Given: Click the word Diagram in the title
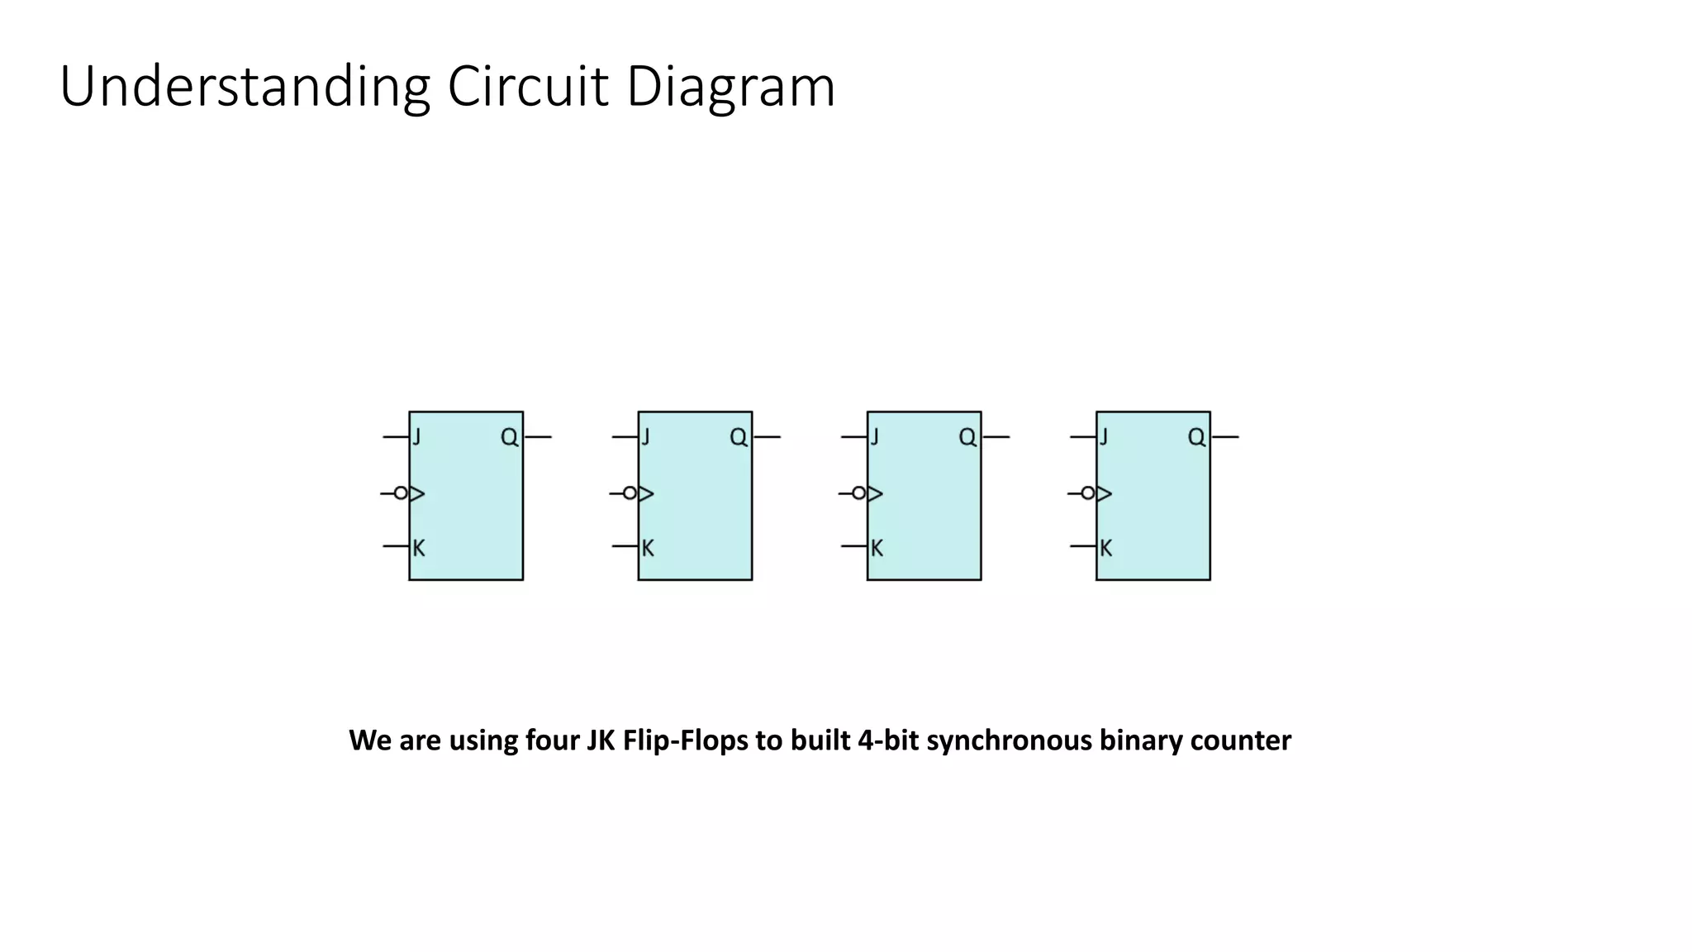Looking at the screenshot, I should [730, 87].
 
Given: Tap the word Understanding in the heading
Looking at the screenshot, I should [245, 87].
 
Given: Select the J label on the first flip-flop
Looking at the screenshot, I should [417, 436].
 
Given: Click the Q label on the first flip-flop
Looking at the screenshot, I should [510, 437].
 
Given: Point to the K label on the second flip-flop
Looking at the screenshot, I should [648, 548].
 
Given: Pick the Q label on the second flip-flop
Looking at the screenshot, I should [739, 437].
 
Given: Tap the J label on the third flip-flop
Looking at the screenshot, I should [875, 436].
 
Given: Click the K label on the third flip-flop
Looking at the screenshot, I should [877, 548].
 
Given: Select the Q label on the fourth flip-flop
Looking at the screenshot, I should [1196, 437].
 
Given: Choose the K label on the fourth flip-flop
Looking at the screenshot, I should [1105, 548].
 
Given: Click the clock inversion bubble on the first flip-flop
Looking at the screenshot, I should [401, 493].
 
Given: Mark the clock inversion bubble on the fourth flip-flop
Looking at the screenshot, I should [1088, 493].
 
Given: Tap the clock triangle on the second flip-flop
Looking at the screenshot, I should [646, 493].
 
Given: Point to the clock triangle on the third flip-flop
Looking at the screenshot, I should [875, 493].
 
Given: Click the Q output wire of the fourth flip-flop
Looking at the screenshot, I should [1225, 436].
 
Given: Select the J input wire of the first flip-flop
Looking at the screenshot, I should [396, 436].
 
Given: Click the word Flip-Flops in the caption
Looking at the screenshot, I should [684, 740].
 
